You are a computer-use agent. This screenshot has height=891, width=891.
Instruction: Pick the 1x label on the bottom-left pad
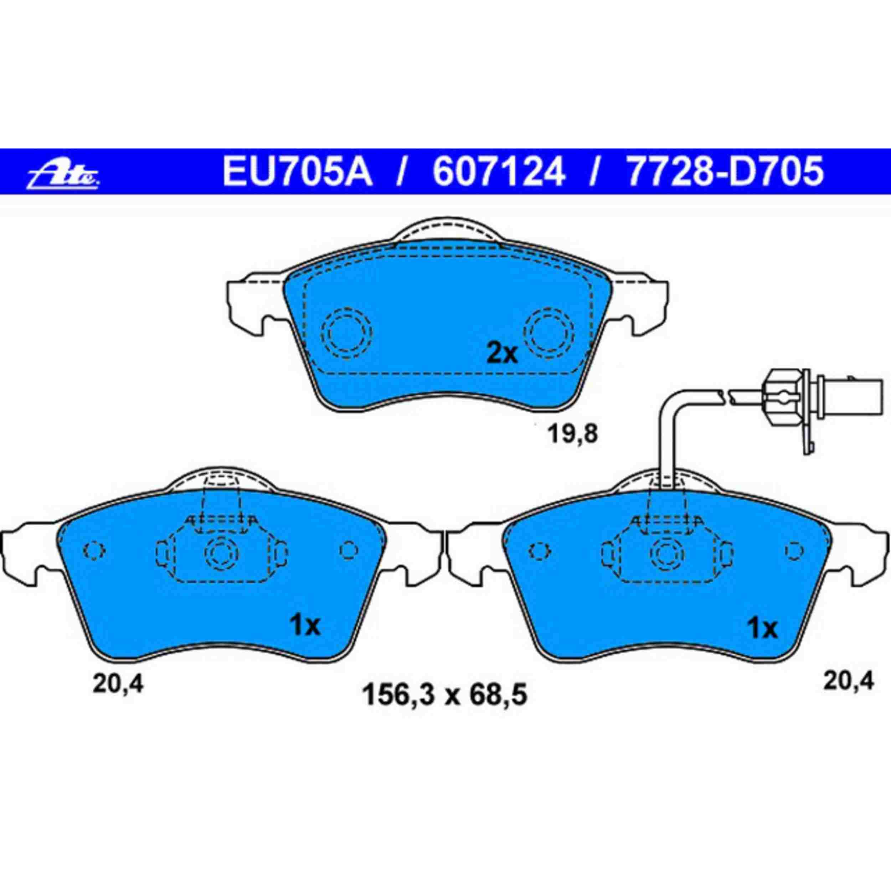click(x=304, y=626)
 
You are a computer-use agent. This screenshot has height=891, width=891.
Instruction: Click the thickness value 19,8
click(x=573, y=434)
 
